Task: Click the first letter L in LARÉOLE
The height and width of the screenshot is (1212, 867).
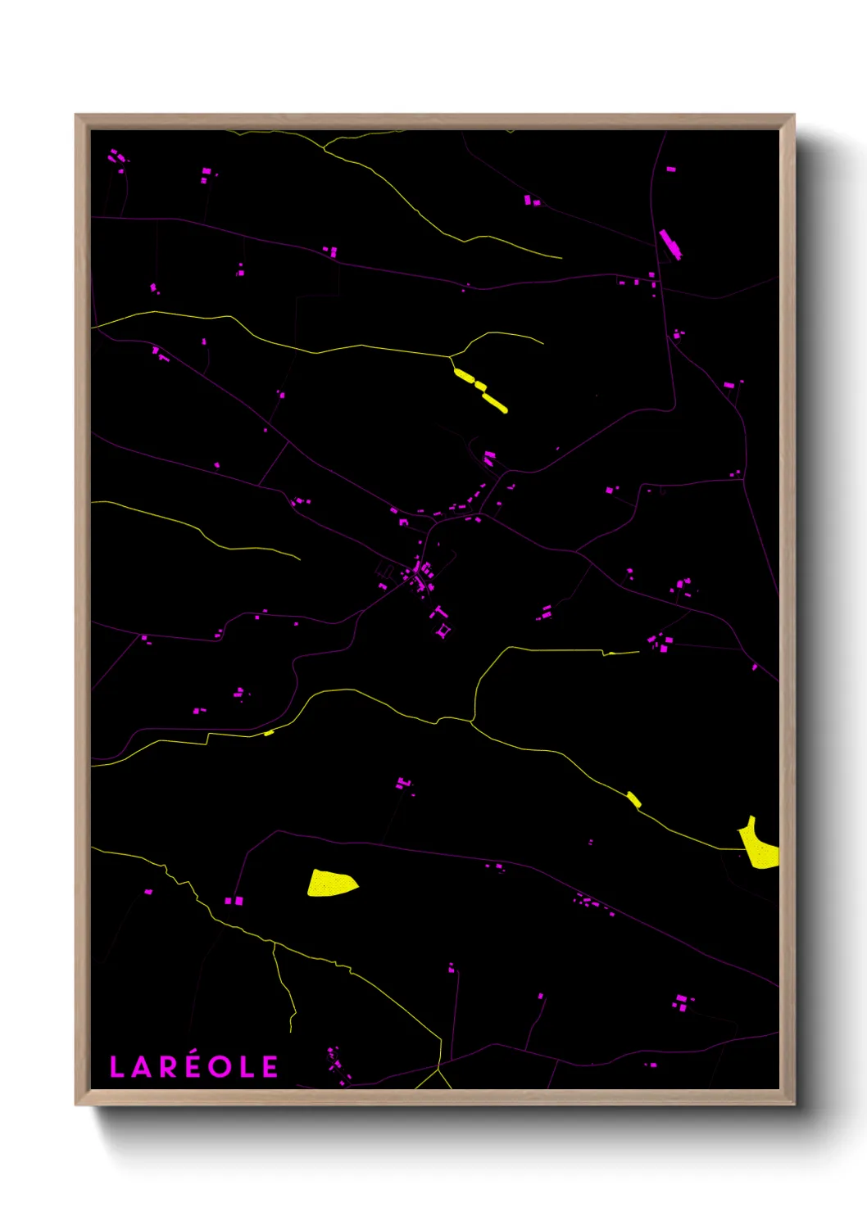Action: point(116,1067)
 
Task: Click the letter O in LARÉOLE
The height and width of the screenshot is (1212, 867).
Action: point(220,1067)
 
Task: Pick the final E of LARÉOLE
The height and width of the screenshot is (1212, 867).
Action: point(270,1067)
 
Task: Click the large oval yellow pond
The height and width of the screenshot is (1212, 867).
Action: point(331,884)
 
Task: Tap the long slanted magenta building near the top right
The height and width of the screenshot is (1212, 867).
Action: point(670,244)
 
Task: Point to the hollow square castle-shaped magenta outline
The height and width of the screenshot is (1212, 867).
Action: point(443,631)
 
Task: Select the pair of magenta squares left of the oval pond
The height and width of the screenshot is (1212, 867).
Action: point(234,901)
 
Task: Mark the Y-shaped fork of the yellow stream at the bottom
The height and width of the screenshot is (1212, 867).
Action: point(439,1067)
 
